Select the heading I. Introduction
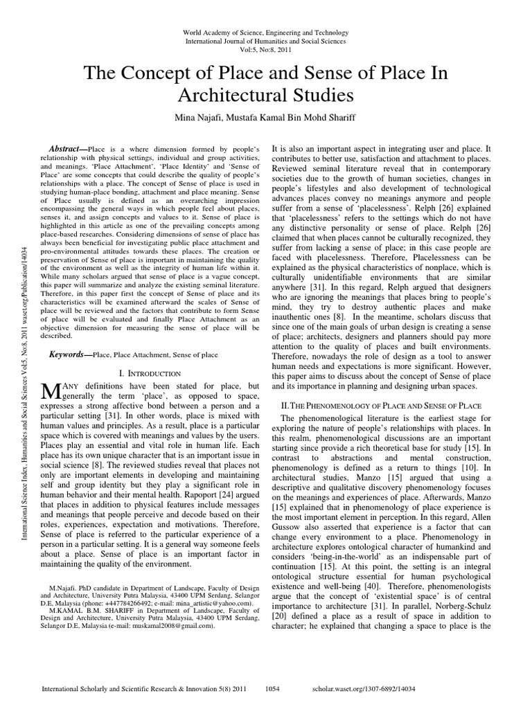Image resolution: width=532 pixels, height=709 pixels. [150, 373]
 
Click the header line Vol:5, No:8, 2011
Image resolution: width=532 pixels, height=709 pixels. [265, 51]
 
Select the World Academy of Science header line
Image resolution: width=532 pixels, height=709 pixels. [265, 33]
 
